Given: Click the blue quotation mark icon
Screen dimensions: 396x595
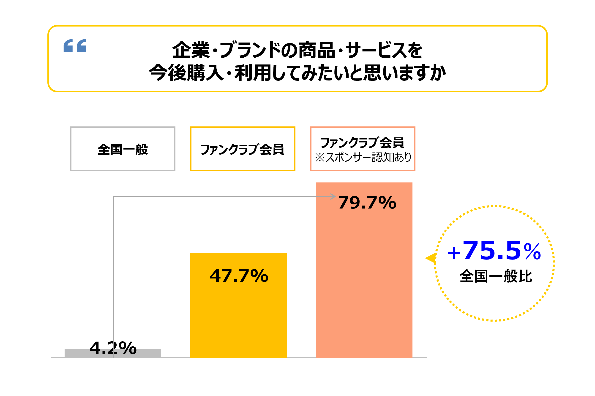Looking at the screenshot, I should [75, 46].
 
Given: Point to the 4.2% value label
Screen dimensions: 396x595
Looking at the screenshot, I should [113, 348].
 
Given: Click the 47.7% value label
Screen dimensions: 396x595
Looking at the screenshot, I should [239, 276].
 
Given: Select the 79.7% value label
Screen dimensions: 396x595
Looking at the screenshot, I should [367, 203].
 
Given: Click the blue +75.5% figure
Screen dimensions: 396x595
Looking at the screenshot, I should [494, 251].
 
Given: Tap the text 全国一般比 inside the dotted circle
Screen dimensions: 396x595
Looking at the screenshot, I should [496, 276].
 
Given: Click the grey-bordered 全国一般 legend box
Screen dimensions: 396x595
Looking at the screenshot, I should [123, 149].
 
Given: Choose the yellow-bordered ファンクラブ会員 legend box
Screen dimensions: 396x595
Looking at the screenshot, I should [243, 149].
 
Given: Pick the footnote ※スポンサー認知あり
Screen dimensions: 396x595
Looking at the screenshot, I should [363, 157].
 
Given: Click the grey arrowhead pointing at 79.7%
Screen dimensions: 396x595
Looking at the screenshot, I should [333, 196].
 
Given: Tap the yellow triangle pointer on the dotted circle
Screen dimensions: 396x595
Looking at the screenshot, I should [431, 258].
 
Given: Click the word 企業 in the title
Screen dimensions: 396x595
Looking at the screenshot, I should [191, 50].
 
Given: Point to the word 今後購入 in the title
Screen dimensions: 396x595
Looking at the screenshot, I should [186, 73].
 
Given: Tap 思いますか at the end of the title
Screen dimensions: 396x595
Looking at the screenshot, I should [405, 73].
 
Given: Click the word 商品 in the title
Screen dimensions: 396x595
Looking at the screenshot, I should [317, 50].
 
